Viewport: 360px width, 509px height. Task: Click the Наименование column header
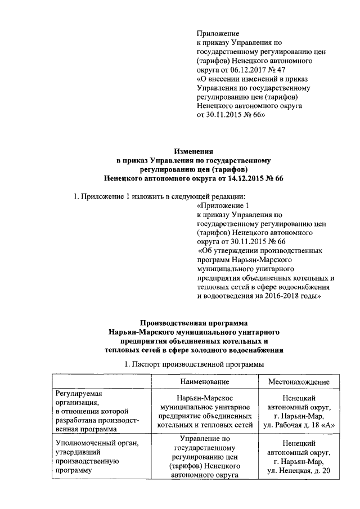click(205, 381)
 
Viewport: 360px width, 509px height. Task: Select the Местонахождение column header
click(299, 381)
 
